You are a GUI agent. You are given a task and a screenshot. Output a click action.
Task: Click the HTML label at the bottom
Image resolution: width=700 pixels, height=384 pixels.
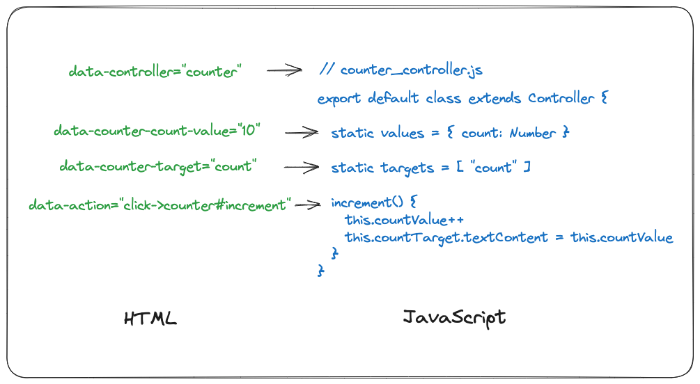[150, 319]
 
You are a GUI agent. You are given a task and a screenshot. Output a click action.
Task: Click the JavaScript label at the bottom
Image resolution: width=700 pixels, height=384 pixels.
[454, 318]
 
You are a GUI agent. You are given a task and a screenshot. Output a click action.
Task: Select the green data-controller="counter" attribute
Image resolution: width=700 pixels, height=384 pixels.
[155, 71]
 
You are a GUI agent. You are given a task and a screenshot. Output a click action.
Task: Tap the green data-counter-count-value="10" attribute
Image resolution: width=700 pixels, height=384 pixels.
[157, 131]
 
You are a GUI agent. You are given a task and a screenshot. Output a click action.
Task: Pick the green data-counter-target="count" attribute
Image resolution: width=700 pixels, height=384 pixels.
[158, 166]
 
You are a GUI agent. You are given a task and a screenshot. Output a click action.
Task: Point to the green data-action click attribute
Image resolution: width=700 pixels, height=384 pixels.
[159, 205]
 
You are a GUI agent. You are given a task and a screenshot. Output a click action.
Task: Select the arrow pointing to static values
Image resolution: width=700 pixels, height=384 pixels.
[301, 131]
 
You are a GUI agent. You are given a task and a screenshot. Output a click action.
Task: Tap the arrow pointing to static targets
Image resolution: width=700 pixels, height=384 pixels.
[301, 167]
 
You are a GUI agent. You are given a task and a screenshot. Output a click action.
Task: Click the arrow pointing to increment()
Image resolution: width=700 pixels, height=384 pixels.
[309, 205]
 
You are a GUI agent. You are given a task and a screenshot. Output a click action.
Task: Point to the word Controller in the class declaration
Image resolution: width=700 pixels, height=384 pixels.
[561, 98]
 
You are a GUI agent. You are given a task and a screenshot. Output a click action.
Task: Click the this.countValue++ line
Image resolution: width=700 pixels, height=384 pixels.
[404, 220]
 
